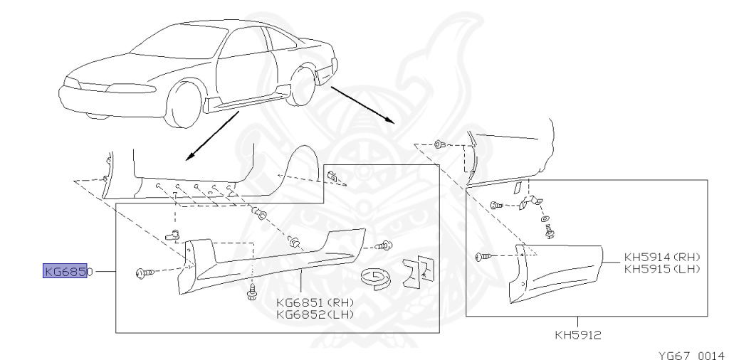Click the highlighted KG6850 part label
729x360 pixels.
[x=65, y=271]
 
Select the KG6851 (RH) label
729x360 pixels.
[x=314, y=301]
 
